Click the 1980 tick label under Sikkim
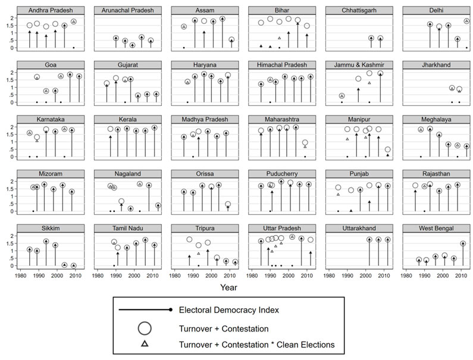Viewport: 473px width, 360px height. click(x=21, y=276)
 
